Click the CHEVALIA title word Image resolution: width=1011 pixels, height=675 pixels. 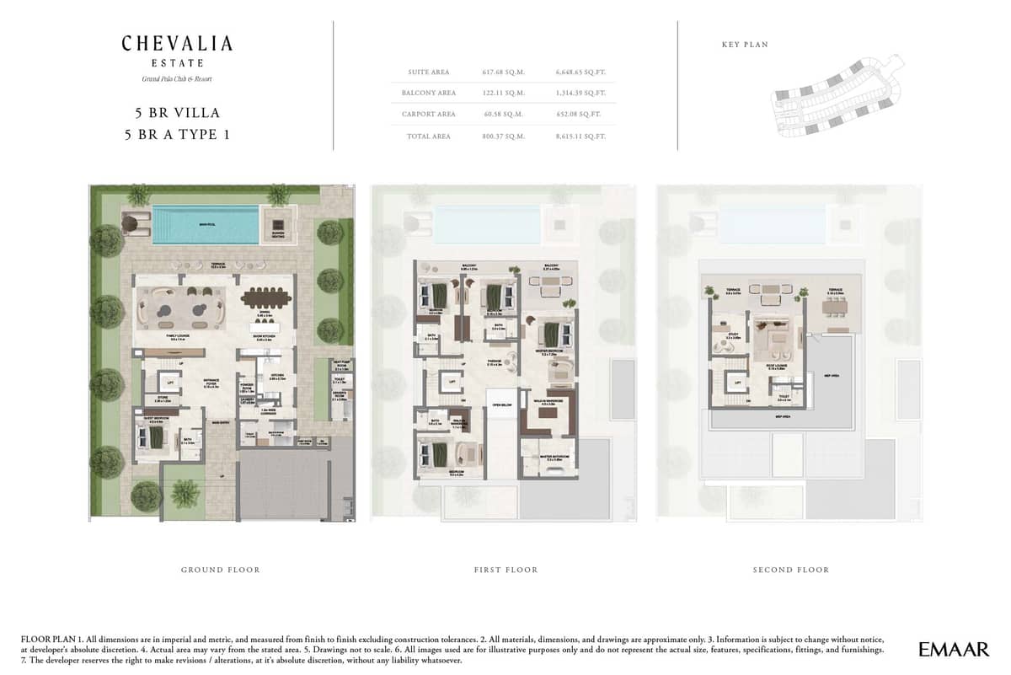tap(177, 44)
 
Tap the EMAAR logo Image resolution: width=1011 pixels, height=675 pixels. tap(954, 649)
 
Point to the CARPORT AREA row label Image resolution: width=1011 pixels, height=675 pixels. tap(430, 114)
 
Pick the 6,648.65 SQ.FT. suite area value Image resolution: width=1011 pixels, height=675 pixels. tap(580, 72)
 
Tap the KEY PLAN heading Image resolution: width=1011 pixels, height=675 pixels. tap(746, 45)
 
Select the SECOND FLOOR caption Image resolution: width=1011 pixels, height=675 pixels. tap(790, 571)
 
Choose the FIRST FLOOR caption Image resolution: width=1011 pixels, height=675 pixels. tap(505, 571)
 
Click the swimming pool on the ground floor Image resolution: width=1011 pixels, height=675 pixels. tap(206, 224)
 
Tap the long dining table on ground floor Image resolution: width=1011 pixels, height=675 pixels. tap(265, 297)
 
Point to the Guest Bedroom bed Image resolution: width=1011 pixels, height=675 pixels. tap(154, 436)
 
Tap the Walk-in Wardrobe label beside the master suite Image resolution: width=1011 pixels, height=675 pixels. tap(548, 404)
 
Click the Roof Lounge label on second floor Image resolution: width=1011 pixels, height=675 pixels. tap(775, 367)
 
